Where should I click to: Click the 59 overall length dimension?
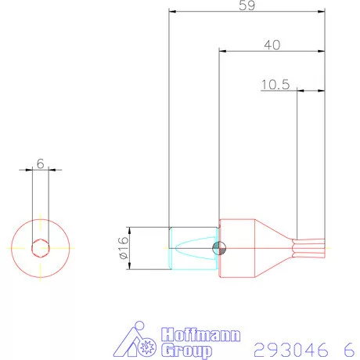pos(247,5)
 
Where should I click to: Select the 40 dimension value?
pos(272,45)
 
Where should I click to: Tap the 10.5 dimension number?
pos(275,84)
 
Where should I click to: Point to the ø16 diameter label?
pos(123,248)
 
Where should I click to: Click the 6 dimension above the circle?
pos(40,164)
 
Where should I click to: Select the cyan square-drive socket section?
pos(193,248)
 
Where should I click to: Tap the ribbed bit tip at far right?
pos(311,248)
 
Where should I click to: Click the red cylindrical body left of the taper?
pos(235,248)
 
